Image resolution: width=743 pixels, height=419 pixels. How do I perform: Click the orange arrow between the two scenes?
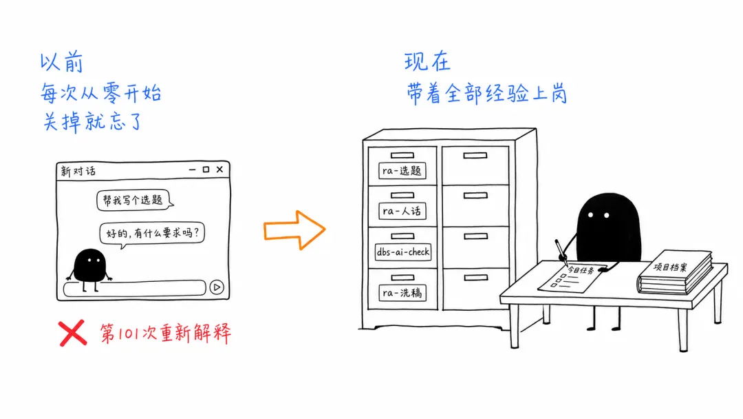click(x=294, y=230)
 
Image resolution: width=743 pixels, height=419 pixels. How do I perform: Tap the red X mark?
click(x=72, y=333)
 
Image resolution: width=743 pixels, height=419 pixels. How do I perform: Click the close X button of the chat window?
click(x=220, y=170)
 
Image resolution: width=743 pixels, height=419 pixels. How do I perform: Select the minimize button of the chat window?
click(x=192, y=170)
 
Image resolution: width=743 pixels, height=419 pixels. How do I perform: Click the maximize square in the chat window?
click(x=206, y=170)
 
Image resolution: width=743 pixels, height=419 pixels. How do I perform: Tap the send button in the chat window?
click(x=217, y=287)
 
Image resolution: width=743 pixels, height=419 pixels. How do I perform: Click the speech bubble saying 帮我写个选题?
click(x=135, y=201)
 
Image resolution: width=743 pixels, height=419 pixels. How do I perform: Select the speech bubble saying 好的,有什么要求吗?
click(x=152, y=234)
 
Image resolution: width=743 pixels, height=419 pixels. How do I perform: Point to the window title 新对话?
click(x=78, y=171)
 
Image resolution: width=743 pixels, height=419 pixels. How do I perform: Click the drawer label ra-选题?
click(x=402, y=171)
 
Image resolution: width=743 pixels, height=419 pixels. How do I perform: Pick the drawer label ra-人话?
click(x=402, y=211)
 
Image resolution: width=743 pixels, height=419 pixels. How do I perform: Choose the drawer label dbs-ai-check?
click(x=403, y=252)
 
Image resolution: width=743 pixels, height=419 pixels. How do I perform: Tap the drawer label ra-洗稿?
click(x=402, y=293)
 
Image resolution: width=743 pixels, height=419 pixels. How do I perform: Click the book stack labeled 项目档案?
click(x=675, y=272)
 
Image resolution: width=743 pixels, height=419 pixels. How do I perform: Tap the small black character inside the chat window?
click(x=89, y=269)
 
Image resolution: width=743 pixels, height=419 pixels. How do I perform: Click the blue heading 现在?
click(x=427, y=62)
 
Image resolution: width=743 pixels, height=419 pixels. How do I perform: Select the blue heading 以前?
click(x=62, y=63)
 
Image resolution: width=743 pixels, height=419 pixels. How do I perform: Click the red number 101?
click(x=128, y=334)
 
